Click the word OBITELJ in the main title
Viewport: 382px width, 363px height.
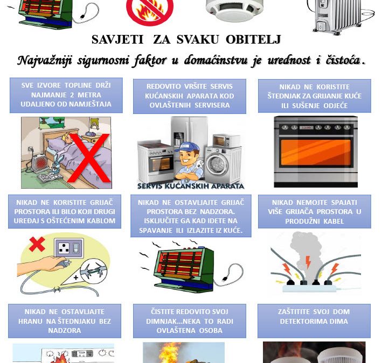pos(253,39)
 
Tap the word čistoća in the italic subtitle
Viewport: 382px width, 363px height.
pos(344,60)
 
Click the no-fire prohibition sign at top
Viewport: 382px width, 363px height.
pos(150,11)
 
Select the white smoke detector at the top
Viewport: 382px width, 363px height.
pos(234,10)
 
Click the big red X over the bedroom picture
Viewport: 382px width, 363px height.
pos(88,158)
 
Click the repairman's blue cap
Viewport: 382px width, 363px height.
pos(187,147)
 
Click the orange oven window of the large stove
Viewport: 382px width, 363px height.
pos(316,152)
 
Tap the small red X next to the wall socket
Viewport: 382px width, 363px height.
pos(37,244)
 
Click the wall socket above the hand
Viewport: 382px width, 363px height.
pos(70,248)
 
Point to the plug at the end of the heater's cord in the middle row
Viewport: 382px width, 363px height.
pos(225,279)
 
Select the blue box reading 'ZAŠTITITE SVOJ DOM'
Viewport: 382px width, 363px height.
pos(314,321)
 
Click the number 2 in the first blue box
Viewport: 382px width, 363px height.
pos(72,95)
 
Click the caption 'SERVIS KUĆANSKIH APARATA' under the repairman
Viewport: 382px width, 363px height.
pos(191,186)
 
